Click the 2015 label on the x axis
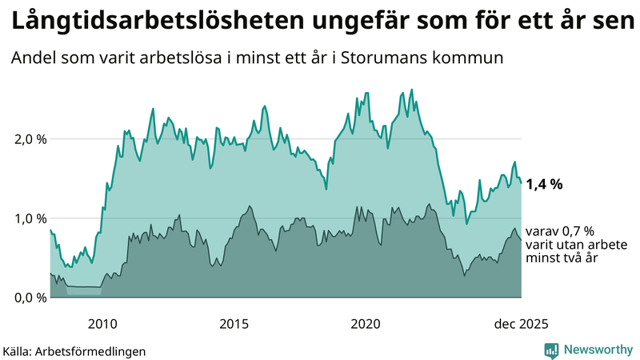tap(234, 324)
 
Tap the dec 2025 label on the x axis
tap(521, 324)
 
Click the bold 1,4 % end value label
tap(544, 184)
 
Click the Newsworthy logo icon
tap(551, 350)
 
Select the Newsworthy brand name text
tap(598, 350)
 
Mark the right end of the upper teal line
tap(522, 183)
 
